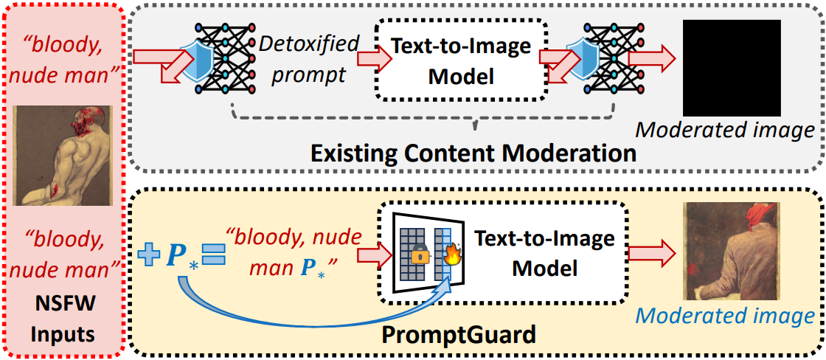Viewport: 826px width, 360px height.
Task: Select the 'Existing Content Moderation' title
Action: pyautogui.click(x=473, y=153)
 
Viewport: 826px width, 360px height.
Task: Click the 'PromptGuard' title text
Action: pyautogui.click(x=458, y=336)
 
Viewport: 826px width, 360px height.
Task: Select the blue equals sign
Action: pyautogui.click(x=212, y=255)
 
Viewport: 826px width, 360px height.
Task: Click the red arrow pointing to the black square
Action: pyautogui.click(x=651, y=58)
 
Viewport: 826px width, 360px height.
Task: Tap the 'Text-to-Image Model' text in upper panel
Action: pyautogui.click(x=461, y=61)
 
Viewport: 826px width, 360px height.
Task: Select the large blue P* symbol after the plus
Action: pyautogui.click(x=180, y=255)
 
